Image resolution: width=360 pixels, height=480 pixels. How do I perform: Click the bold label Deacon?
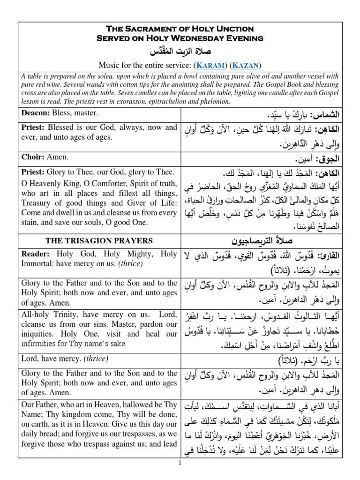pos(36,113)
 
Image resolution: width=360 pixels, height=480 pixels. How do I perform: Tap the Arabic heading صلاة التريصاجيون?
pos(260,241)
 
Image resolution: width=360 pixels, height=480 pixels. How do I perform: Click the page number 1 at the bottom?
pos(180,475)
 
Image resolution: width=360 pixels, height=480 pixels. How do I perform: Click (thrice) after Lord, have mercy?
pos(94,359)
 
